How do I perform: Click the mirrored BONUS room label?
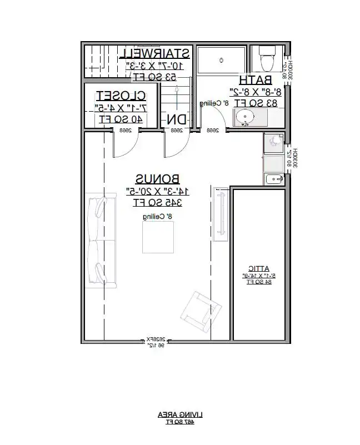click(158, 179)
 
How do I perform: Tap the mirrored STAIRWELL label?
click(156, 53)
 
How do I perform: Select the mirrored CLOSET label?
click(121, 95)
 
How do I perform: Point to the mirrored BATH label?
click(255, 79)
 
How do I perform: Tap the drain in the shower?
click(221, 59)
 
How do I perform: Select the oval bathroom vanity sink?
click(244, 117)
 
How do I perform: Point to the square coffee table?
click(158, 236)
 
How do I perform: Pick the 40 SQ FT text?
click(121, 118)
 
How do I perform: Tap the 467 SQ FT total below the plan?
click(179, 423)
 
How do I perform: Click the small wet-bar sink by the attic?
click(274, 179)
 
